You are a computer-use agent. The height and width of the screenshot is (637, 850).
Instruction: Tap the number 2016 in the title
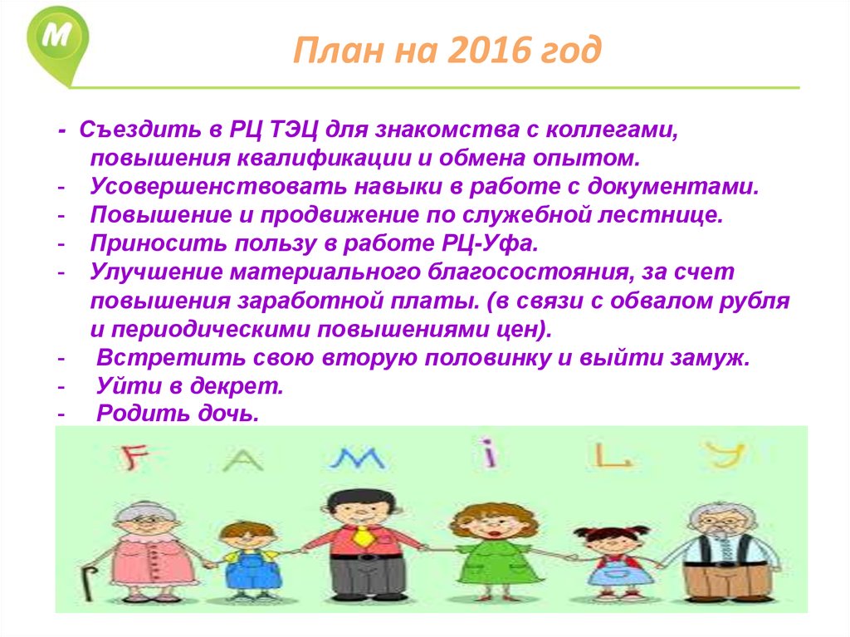click(x=490, y=50)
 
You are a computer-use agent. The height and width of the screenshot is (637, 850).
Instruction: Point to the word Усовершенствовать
click(x=218, y=187)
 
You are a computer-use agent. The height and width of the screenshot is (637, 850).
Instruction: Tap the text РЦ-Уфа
click(x=490, y=243)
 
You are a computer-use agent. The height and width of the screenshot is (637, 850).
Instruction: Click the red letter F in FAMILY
click(x=132, y=457)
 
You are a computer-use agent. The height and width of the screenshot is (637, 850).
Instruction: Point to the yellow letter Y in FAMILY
click(x=725, y=454)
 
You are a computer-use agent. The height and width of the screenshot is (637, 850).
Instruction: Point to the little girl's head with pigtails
click(x=611, y=539)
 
